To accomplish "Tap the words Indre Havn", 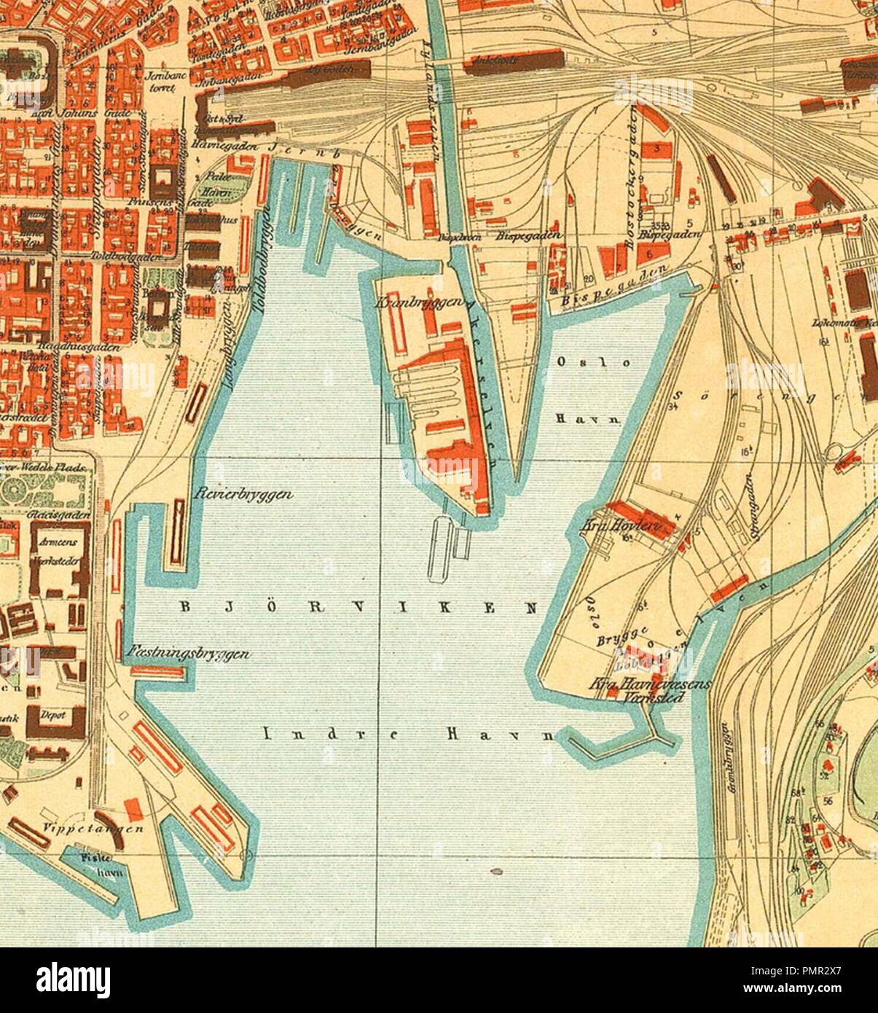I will [x=408, y=735].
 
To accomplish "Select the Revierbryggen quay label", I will [x=244, y=495].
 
